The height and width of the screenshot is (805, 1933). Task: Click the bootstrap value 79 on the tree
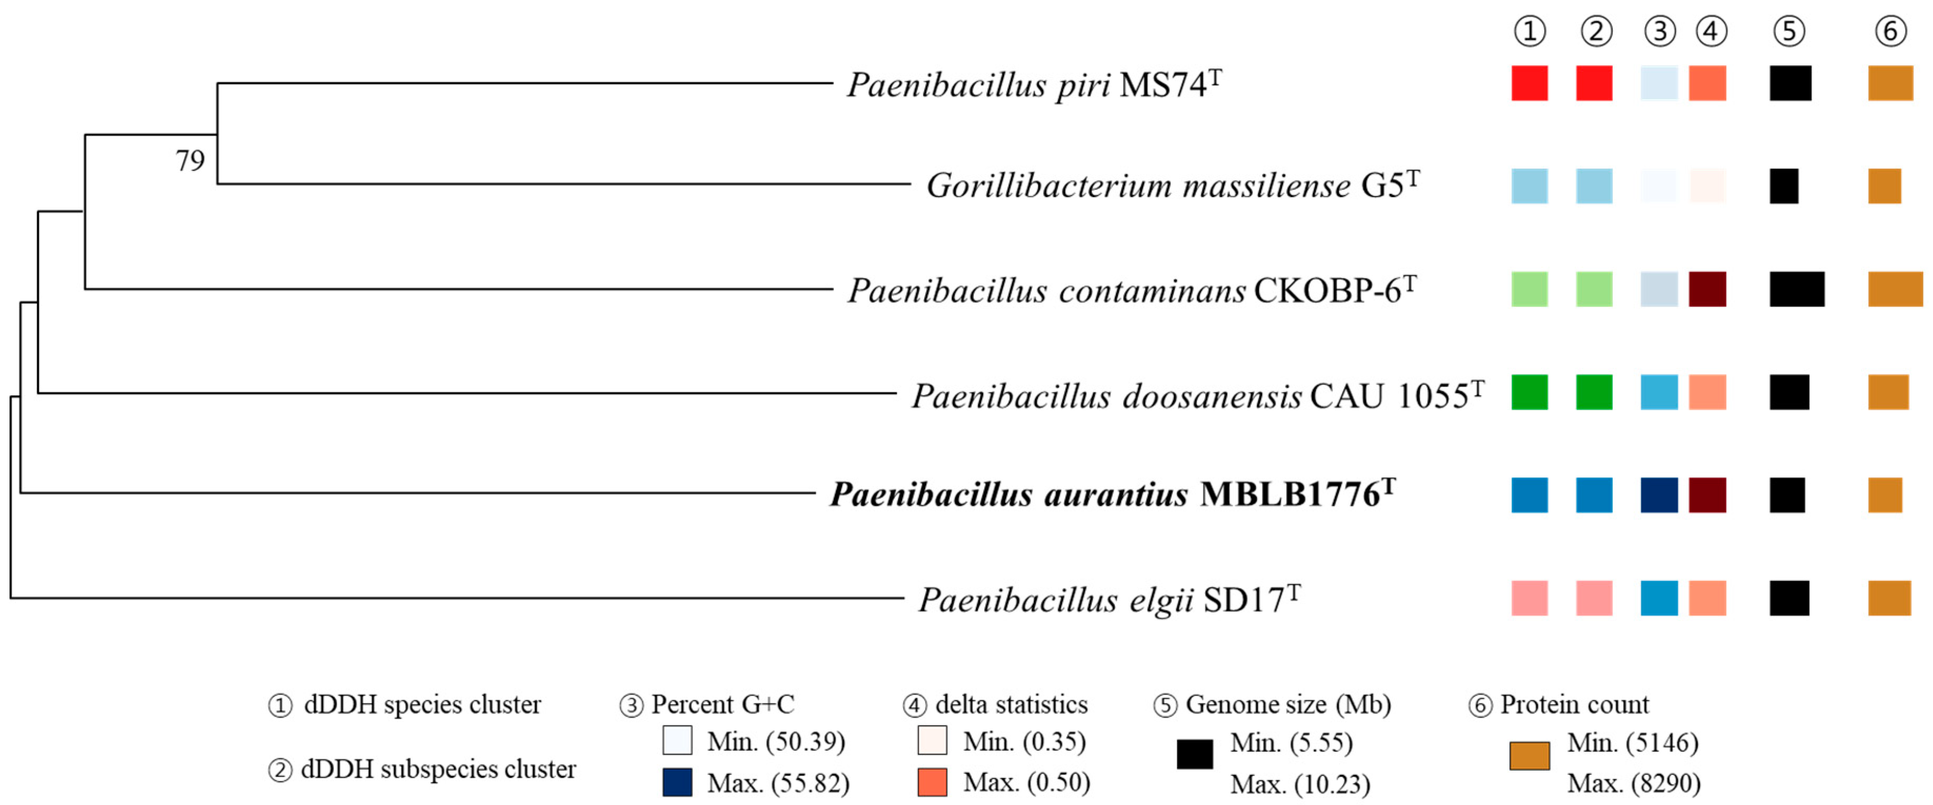(x=190, y=160)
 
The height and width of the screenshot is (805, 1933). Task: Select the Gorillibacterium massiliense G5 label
(x=1172, y=185)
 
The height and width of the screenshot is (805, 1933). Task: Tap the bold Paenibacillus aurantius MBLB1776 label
(x=1111, y=494)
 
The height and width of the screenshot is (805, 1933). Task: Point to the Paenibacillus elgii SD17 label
(x=1108, y=599)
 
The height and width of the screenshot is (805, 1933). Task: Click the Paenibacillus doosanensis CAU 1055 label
(x=1197, y=396)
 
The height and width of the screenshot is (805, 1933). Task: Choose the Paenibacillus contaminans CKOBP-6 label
(x=1131, y=290)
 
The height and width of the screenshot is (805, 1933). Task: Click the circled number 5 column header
(x=1789, y=32)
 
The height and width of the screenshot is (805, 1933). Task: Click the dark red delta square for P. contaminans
(x=1707, y=289)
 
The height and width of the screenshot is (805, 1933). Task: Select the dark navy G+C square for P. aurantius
(x=1658, y=495)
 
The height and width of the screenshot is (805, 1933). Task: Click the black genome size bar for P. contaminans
(x=1796, y=289)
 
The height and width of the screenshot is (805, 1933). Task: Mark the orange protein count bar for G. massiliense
(x=1884, y=186)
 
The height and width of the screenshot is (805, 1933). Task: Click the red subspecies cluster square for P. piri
(x=1594, y=83)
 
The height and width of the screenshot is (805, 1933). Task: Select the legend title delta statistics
(x=1011, y=704)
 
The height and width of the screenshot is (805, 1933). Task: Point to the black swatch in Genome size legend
(x=1195, y=754)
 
